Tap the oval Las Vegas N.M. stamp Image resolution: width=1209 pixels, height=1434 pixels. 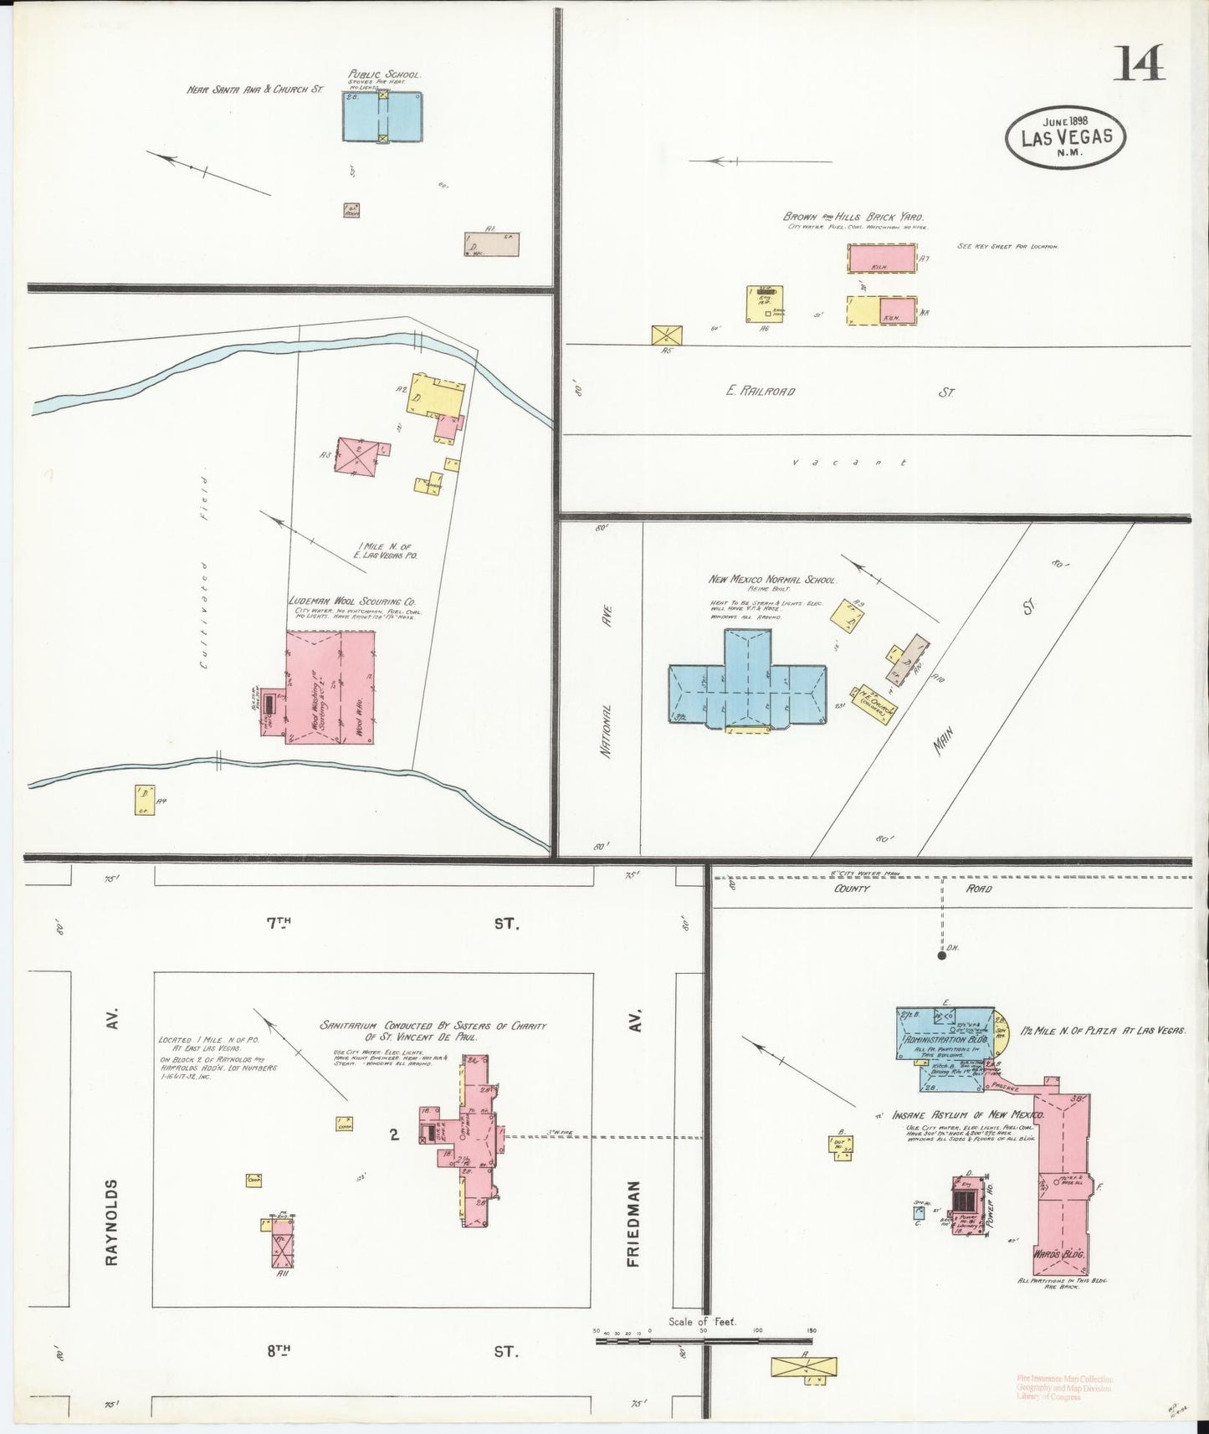tap(1065, 137)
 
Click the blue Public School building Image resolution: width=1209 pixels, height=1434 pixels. tap(382, 116)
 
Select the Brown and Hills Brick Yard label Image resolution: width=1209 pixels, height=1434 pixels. tap(853, 217)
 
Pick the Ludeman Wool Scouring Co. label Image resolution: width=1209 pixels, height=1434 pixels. tap(352, 602)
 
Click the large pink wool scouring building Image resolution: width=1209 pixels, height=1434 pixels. tap(330, 687)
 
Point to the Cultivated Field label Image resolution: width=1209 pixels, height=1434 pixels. tap(203, 580)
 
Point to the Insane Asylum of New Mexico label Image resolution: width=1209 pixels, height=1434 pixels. tap(967, 1115)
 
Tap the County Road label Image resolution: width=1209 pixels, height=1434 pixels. tap(912, 889)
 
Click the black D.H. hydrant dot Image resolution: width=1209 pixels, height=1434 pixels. tap(941, 955)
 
